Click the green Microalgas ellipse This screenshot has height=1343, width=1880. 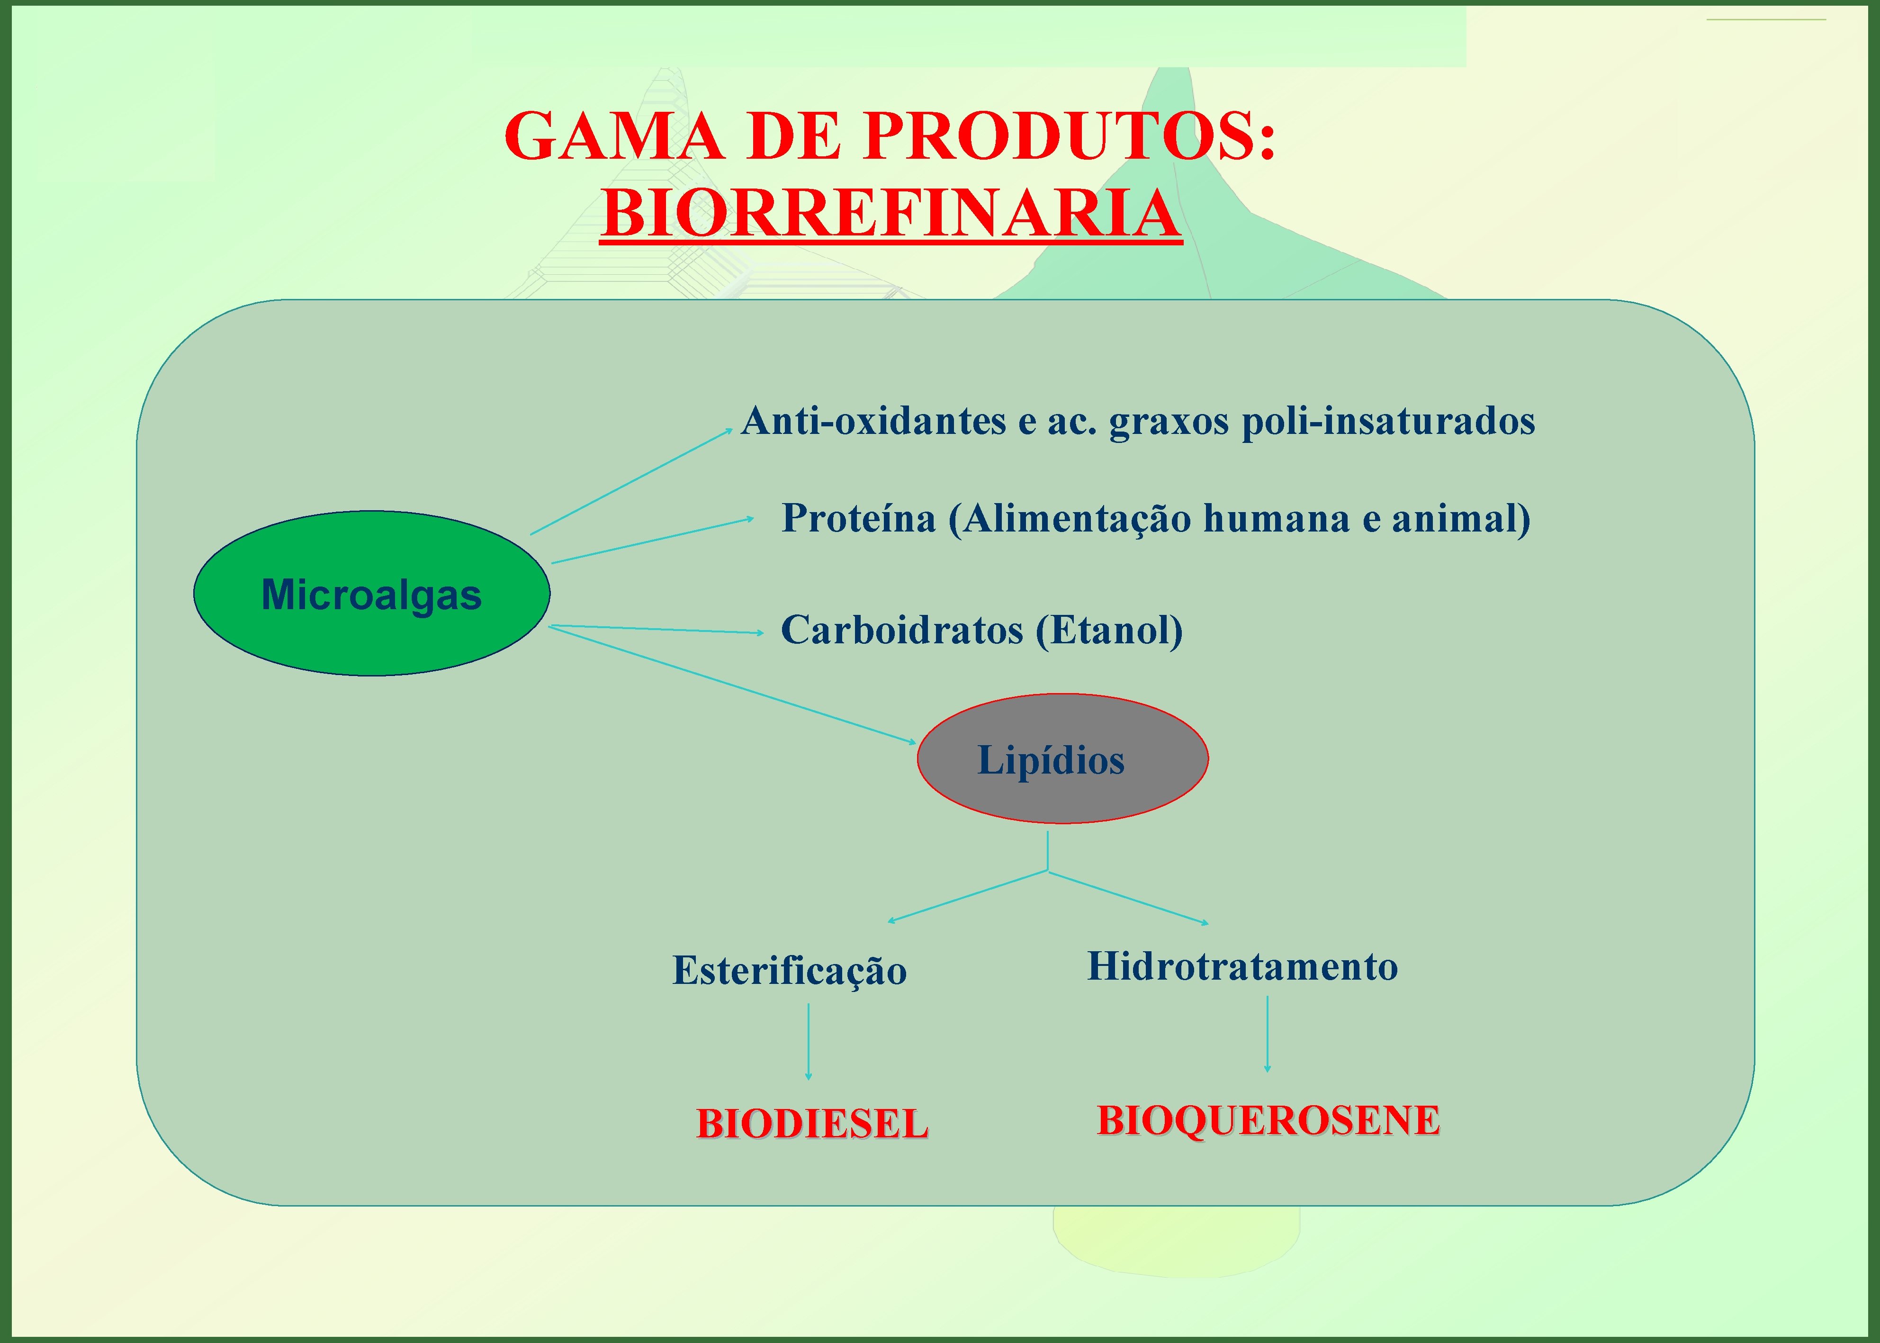point(371,594)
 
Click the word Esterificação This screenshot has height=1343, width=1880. point(790,971)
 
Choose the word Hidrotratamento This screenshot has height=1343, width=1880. point(1242,966)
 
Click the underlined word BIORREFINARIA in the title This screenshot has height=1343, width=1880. point(891,213)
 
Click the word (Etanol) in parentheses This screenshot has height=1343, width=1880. point(1109,630)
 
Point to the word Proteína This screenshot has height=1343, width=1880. point(858,519)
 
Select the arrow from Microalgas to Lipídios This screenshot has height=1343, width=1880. point(732,685)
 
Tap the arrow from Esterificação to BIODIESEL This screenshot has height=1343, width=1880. point(808,1042)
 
